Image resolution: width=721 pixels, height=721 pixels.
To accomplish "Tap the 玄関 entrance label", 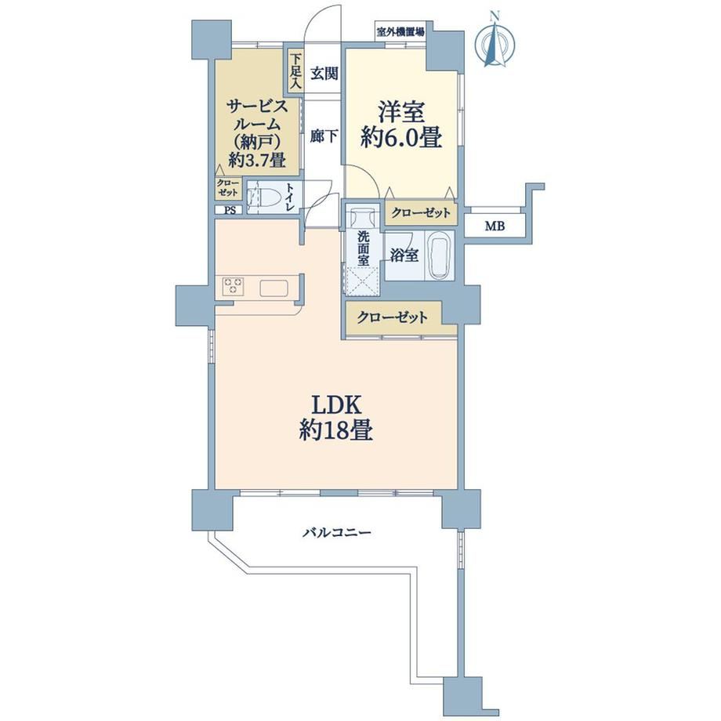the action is pyautogui.click(x=324, y=73).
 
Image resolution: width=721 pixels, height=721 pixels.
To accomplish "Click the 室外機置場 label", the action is pyautogui.click(x=400, y=31).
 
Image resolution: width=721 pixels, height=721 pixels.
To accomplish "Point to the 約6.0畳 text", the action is pyautogui.click(x=401, y=137).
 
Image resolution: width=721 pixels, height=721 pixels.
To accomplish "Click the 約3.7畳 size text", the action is pyautogui.click(x=257, y=160).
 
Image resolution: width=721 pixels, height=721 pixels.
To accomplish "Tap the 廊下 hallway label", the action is pyautogui.click(x=324, y=136).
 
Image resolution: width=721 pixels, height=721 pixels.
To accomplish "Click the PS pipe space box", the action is pyautogui.click(x=229, y=210).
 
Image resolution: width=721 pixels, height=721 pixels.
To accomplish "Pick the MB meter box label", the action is pyautogui.click(x=495, y=226).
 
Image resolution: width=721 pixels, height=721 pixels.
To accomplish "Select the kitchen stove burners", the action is pyautogui.click(x=233, y=287).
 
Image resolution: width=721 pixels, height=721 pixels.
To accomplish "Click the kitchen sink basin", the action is pyautogui.click(x=274, y=288).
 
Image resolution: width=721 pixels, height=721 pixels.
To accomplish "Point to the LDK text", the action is pyautogui.click(x=335, y=405).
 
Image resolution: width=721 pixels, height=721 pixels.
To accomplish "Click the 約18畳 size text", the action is pyautogui.click(x=335, y=431).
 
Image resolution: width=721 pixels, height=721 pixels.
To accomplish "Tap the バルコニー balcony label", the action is pyautogui.click(x=336, y=533).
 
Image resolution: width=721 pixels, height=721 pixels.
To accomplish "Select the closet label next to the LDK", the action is pyautogui.click(x=392, y=317).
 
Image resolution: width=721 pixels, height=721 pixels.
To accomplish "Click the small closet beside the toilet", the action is pyautogui.click(x=228, y=188).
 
